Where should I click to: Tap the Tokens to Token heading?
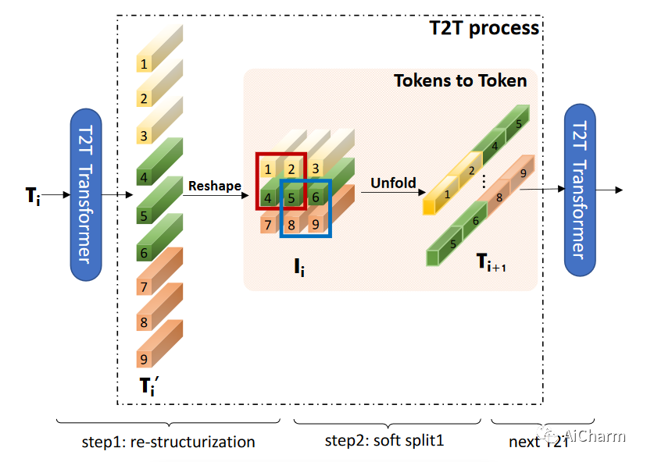click(x=460, y=80)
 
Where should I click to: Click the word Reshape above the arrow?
click(x=214, y=186)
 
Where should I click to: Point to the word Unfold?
click(x=393, y=183)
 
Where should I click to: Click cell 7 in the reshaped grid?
click(x=268, y=226)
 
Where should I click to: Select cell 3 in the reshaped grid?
click(x=315, y=169)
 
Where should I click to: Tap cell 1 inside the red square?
click(x=268, y=169)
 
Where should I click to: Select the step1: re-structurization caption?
click(x=168, y=442)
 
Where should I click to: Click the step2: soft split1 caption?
click(x=384, y=440)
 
